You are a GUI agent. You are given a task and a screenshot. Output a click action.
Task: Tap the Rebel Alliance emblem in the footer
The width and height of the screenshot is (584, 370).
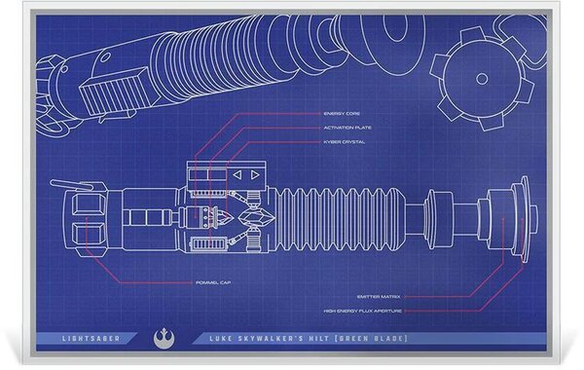click(x=162, y=338)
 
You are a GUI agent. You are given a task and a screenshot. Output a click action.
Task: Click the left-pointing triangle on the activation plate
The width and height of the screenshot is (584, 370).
click(x=237, y=175)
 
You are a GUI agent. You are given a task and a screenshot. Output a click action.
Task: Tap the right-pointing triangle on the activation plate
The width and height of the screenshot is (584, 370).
click(x=255, y=175)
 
